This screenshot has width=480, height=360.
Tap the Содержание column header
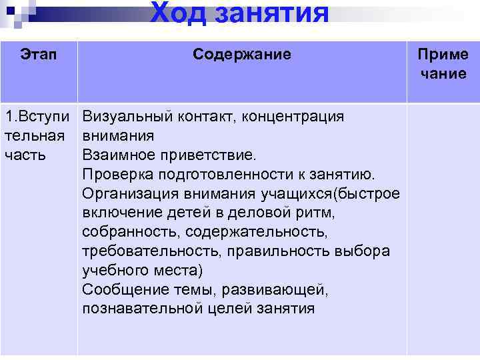[242, 54]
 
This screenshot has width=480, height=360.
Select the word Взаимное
[114, 155]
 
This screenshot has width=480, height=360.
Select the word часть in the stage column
[24, 155]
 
